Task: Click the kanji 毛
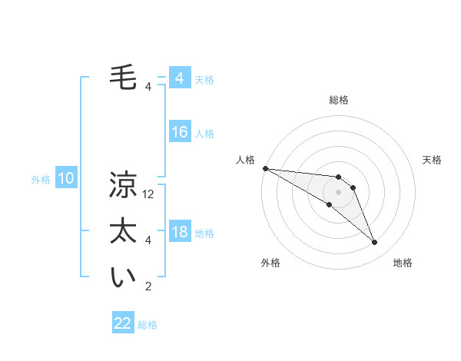tap(123, 78)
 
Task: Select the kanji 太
tap(123, 231)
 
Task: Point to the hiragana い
tap(123, 278)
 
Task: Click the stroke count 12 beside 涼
tap(149, 195)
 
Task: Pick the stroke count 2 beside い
tap(148, 287)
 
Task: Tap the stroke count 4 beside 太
tap(148, 240)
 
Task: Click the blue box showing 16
tap(179, 132)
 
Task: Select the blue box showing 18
tap(179, 232)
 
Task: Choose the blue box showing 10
tap(66, 179)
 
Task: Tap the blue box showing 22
tap(123, 323)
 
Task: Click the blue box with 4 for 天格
tap(179, 78)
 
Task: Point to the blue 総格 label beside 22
tap(148, 325)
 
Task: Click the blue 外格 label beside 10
tap(41, 180)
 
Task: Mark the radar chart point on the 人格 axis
tap(265, 168)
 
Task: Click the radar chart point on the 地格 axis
tap(374, 242)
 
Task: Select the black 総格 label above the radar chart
tap(338, 100)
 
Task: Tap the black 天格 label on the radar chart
tap(432, 160)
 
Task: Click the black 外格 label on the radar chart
tap(270, 263)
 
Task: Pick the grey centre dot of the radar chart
tap(338, 191)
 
